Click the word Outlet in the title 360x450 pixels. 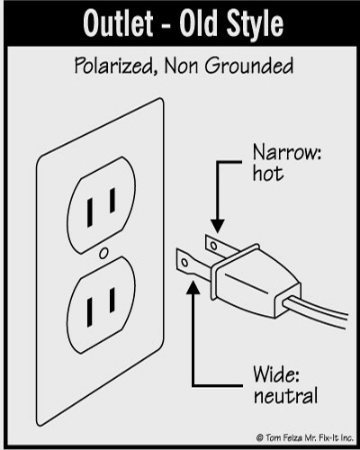(x=118, y=23)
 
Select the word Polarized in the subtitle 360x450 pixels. (x=113, y=66)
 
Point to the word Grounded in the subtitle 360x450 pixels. (x=249, y=66)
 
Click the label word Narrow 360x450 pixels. (x=287, y=152)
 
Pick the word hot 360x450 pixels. (x=268, y=174)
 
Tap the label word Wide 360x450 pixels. (x=276, y=374)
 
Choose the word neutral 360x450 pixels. (x=285, y=395)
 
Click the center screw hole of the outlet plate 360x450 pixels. (x=103, y=253)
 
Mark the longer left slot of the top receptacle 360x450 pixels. (x=90, y=212)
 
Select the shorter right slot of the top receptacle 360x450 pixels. (x=112, y=201)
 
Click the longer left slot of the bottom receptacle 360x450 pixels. (x=90, y=312)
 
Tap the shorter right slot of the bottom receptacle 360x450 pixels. (x=112, y=300)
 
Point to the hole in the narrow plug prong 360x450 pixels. (x=213, y=246)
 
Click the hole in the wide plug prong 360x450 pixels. (x=184, y=263)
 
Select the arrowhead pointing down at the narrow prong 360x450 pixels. (x=218, y=227)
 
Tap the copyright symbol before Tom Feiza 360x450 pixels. (x=260, y=437)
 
